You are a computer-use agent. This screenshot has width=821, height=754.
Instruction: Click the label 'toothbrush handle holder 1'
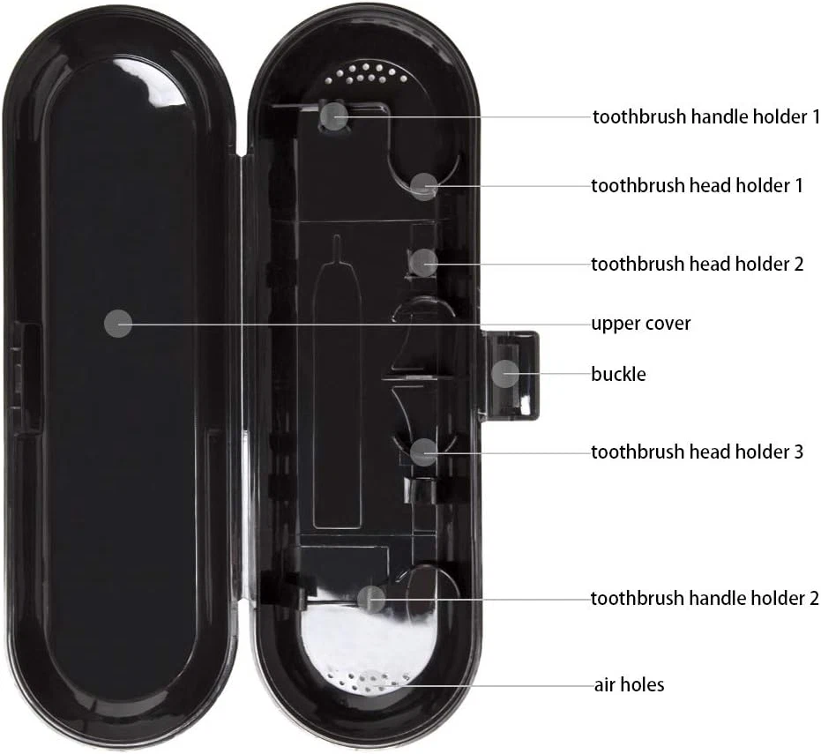click(705, 116)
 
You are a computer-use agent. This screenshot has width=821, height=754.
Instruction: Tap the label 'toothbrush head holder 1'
click(697, 186)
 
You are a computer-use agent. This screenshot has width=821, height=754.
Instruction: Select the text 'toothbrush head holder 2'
click(697, 264)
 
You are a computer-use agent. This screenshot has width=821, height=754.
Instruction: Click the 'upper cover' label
click(640, 324)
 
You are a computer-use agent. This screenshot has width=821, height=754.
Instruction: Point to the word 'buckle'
click(618, 375)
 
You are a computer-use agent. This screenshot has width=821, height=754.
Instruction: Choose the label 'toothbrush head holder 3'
click(697, 452)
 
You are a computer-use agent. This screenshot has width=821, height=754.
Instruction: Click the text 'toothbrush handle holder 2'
click(705, 598)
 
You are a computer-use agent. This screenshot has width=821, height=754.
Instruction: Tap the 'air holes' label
click(629, 685)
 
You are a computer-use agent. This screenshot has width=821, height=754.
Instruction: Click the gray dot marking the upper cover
click(118, 324)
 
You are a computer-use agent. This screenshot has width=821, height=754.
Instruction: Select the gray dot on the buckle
click(505, 374)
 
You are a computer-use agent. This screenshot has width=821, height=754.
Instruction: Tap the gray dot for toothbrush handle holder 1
click(334, 116)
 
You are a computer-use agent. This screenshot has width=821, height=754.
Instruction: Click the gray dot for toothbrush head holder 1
click(424, 186)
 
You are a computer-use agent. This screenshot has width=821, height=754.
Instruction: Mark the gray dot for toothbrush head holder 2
click(423, 263)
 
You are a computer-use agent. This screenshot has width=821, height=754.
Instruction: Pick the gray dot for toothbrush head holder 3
click(423, 452)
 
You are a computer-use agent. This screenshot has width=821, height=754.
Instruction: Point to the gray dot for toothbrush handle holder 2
click(371, 599)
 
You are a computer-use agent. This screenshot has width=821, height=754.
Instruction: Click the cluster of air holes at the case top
click(366, 74)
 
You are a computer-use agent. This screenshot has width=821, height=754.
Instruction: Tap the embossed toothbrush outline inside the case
click(337, 381)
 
